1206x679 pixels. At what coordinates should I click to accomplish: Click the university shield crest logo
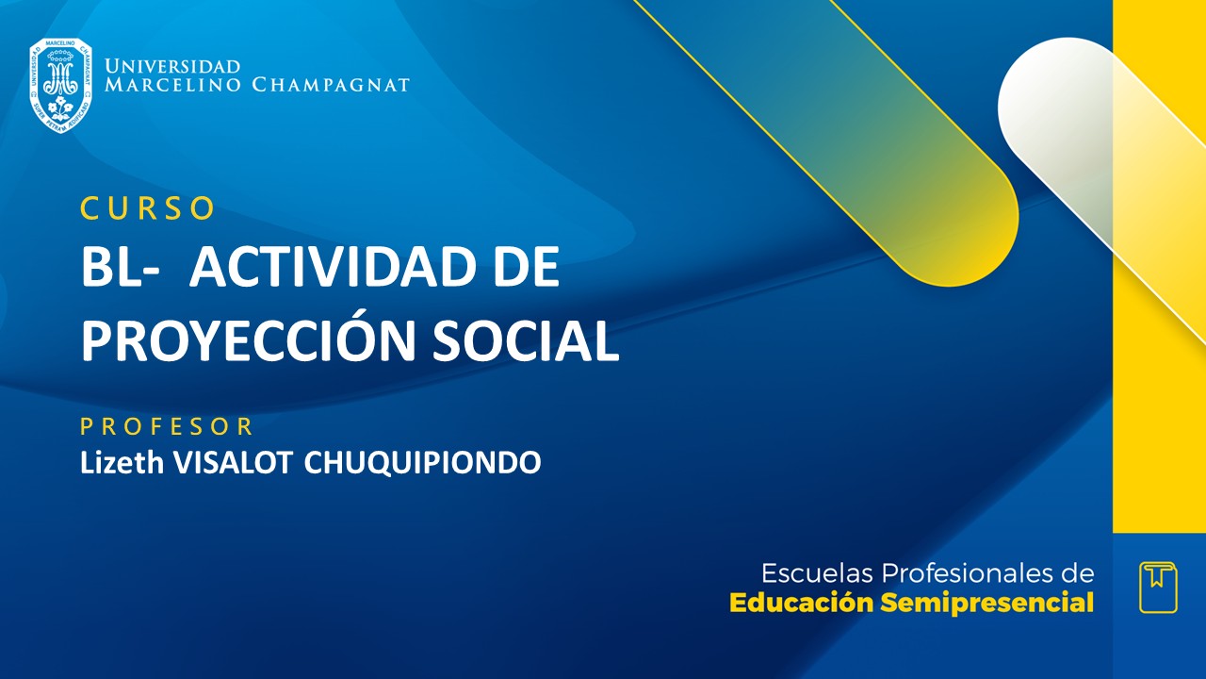(x=60, y=85)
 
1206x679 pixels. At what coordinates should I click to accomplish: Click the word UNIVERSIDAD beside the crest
(x=172, y=67)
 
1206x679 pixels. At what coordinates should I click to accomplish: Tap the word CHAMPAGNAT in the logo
(x=331, y=85)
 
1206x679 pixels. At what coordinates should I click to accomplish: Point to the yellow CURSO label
(x=148, y=208)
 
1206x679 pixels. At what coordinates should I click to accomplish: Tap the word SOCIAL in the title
(x=526, y=341)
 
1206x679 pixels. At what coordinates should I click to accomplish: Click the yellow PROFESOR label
(x=167, y=426)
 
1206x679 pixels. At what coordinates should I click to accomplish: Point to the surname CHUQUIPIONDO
(x=422, y=462)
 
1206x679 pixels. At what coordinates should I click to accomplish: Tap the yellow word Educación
(x=802, y=603)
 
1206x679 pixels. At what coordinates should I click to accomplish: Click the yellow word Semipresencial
(x=987, y=603)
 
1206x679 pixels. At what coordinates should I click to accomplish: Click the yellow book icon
(x=1158, y=587)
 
